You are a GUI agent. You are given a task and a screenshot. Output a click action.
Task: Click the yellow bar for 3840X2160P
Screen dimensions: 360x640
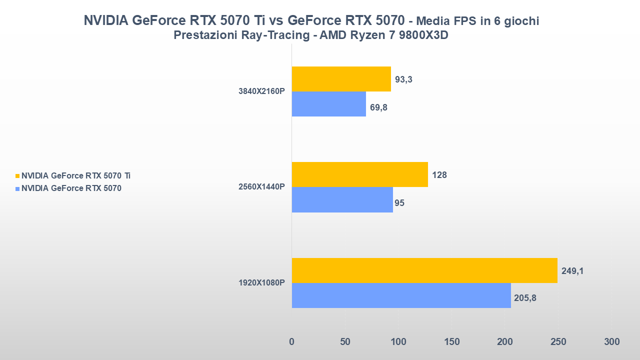point(341,79)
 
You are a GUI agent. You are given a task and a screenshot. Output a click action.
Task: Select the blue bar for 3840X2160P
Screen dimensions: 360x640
point(328,104)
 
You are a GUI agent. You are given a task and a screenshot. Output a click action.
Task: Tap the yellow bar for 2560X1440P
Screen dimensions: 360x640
point(359,174)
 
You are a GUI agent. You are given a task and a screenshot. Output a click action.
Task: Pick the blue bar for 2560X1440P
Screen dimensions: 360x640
point(342,199)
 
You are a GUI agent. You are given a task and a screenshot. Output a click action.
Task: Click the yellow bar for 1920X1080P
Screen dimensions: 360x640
point(424,270)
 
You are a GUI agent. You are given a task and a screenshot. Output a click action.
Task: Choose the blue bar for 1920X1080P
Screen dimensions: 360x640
point(401,295)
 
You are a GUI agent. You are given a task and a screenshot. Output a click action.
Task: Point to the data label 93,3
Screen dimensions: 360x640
point(403,79)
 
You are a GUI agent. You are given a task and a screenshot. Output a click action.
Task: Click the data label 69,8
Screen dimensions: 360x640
point(378,106)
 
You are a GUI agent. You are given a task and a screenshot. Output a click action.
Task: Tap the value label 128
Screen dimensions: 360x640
point(439,175)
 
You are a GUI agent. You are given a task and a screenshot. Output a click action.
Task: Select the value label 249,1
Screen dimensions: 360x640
point(572,271)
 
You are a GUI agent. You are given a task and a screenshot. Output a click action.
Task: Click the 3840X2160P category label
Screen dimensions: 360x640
point(261,91)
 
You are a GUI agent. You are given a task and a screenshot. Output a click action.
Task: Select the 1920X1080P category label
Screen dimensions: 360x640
point(261,282)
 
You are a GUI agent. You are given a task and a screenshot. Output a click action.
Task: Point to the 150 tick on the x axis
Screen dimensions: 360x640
point(451,342)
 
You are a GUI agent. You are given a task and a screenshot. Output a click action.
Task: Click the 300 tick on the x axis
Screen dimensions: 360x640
point(611,342)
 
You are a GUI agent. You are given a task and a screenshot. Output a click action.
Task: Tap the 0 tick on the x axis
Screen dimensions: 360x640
point(291,342)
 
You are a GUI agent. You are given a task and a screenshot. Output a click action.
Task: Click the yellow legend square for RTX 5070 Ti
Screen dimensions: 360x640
point(18,176)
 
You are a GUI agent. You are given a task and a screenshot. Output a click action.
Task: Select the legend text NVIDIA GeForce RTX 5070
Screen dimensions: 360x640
point(71,188)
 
